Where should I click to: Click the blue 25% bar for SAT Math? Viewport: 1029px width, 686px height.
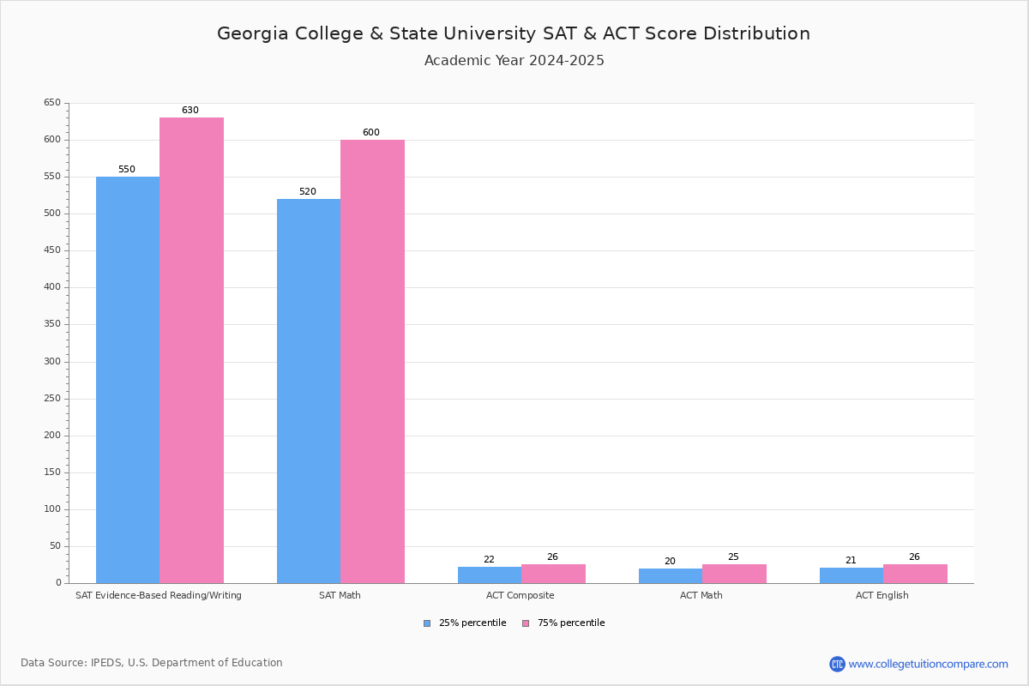pyautogui.click(x=309, y=390)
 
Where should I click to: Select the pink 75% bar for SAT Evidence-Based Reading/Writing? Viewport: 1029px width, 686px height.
pyautogui.click(x=191, y=350)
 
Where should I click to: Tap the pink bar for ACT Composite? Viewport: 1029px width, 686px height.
pyautogui.click(x=553, y=574)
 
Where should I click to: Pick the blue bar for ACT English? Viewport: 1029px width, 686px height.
pyautogui.click(x=851, y=575)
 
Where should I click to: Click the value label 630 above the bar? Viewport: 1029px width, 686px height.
pyautogui.click(x=190, y=111)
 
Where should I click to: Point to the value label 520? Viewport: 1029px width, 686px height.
pyautogui.click(x=307, y=192)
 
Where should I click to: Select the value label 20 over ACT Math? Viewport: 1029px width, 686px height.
pyautogui.click(x=670, y=562)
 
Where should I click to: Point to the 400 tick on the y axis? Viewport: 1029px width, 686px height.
pyautogui.click(x=52, y=287)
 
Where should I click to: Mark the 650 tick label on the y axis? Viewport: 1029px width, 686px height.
pyautogui.click(x=52, y=103)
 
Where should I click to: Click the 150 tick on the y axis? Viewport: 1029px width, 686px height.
pyautogui.click(x=52, y=472)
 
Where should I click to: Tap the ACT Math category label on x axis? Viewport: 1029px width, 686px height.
pyautogui.click(x=701, y=595)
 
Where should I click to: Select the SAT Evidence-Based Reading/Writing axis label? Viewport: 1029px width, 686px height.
pyautogui.click(x=159, y=595)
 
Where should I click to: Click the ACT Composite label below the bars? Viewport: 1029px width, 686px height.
pyautogui.click(x=520, y=595)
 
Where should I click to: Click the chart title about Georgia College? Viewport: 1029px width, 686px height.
pyautogui.click(x=513, y=34)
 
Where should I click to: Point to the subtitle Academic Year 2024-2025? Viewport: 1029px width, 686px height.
pyautogui.click(x=514, y=61)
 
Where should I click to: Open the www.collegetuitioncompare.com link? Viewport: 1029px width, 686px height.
pyautogui.click(x=928, y=664)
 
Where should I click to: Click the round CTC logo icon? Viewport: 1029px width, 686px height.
pyautogui.click(x=837, y=664)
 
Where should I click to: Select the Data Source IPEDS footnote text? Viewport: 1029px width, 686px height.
pyautogui.click(x=152, y=663)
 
